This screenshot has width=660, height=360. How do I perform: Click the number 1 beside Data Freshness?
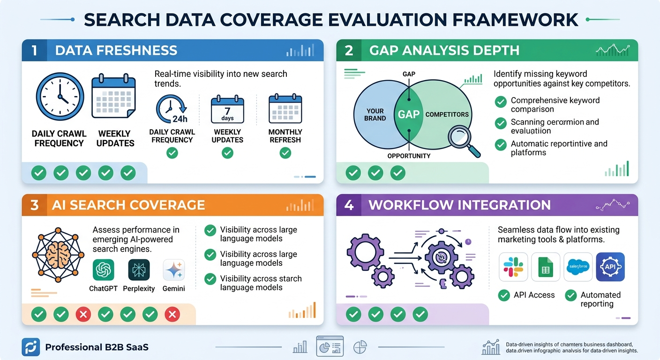tap(34, 51)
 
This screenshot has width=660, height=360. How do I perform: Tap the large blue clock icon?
tap(60, 97)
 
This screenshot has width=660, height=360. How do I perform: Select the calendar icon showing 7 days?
tap(227, 110)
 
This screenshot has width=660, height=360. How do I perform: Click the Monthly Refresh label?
tap(285, 136)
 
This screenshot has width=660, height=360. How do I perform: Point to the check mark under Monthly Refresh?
tap(285, 153)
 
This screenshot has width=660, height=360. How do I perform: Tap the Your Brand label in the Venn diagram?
tap(375, 115)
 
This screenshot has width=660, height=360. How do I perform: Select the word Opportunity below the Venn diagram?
tap(409, 156)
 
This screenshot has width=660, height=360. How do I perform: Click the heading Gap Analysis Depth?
tap(444, 51)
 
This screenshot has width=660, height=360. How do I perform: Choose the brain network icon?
tap(58, 255)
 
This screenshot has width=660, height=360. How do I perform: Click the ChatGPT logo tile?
tap(104, 270)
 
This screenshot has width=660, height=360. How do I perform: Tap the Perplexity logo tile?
tap(139, 270)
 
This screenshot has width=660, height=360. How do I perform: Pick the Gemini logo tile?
tap(173, 270)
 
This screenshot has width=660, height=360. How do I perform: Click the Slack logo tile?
tap(513, 267)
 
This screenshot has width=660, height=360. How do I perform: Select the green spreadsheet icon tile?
tap(546, 267)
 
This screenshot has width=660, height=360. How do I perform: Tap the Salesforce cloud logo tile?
tap(578, 267)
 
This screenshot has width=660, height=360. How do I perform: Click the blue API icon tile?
tap(610, 267)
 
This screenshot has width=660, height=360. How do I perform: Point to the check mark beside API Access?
tap(504, 295)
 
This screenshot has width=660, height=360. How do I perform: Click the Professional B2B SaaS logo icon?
tap(31, 347)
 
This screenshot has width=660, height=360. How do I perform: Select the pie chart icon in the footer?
tap(360, 347)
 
